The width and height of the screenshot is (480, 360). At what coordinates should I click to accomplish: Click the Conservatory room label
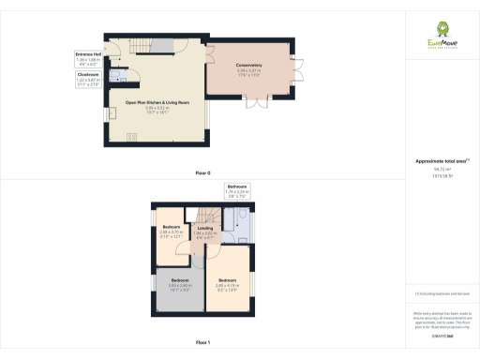[x=248, y=67]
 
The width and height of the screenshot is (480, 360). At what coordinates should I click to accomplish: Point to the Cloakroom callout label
[x=87, y=81]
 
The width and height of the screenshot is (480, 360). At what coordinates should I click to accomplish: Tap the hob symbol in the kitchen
[x=128, y=136]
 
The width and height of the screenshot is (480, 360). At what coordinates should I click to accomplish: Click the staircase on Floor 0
[x=140, y=47]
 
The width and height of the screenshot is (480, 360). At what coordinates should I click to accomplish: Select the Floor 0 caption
[x=202, y=173]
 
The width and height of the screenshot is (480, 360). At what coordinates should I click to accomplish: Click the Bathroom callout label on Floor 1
[x=236, y=191]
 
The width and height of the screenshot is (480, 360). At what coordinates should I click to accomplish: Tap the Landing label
[x=203, y=230]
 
